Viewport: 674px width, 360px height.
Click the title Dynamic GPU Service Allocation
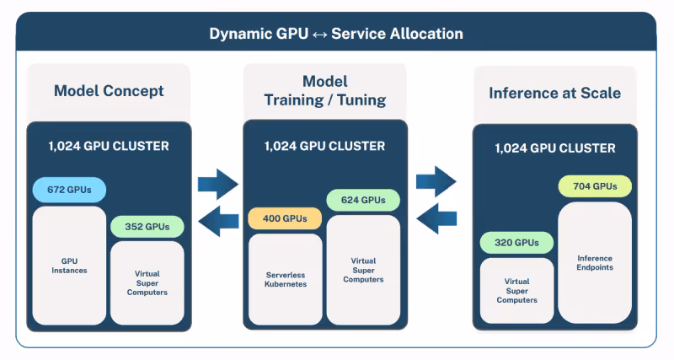(x=336, y=34)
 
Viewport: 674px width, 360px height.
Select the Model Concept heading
(x=109, y=90)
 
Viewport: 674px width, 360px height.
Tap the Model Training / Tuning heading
(x=325, y=91)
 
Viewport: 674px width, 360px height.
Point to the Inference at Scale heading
(x=554, y=93)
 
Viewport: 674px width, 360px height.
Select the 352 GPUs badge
(x=147, y=226)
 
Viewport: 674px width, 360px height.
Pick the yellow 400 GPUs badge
(x=285, y=218)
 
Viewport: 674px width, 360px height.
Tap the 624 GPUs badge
(x=363, y=200)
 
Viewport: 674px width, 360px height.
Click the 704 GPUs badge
(x=594, y=186)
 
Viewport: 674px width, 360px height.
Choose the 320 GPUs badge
(x=517, y=242)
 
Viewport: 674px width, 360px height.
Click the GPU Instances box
(x=70, y=266)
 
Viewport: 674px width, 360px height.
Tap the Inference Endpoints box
(x=594, y=262)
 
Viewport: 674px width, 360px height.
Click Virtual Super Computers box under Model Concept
(x=147, y=282)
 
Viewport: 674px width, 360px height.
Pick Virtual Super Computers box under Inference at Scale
(x=517, y=291)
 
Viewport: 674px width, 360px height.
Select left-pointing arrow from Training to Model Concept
(x=217, y=222)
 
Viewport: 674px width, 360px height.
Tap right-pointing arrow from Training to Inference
(x=436, y=180)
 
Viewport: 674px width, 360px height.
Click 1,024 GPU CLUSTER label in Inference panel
(x=554, y=148)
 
